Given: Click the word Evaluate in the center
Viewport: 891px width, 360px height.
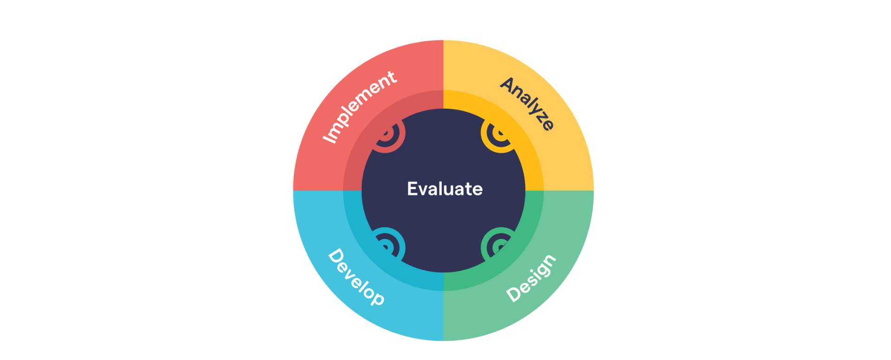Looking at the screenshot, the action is click(445, 189).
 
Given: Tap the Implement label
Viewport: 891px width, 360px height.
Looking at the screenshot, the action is click(360, 107).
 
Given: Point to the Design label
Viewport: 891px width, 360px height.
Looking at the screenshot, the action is click(531, 278).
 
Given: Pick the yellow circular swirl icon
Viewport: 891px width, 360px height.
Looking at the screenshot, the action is click(498, 135).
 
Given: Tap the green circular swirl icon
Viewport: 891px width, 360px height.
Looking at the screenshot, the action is click(498, 245).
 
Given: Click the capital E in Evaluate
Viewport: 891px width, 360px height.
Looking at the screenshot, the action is click(413, 189).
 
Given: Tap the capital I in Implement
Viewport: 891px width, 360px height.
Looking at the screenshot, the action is click(329, 138).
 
